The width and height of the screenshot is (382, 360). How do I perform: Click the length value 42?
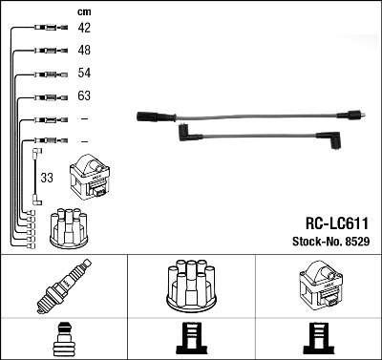point(84,28)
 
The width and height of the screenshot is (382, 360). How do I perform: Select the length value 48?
point(84,50)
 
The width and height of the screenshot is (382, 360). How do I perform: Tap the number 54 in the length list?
point(84,74)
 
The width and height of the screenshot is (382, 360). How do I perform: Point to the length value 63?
point(84,96)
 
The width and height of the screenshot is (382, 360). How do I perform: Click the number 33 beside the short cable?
point(47,177)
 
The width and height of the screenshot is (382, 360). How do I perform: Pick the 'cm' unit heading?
point(82,11)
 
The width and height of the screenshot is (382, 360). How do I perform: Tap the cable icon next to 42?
point(49,28)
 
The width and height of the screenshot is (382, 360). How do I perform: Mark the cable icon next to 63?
point(49,96)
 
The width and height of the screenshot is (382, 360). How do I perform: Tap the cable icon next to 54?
point(49,74)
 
